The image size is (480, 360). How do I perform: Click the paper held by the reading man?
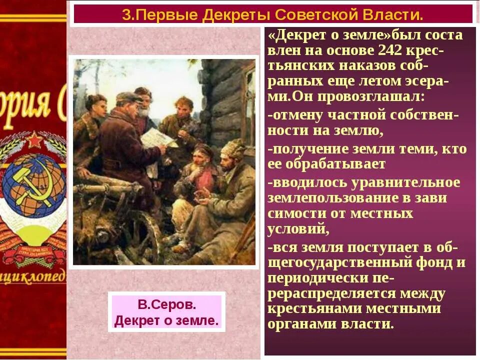pos(157,138)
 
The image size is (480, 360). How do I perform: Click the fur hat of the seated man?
pos(233,148)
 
